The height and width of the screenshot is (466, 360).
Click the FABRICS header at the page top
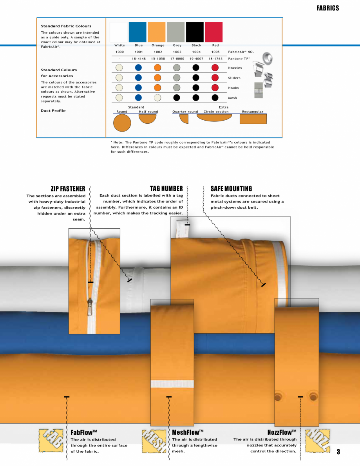(327, 8)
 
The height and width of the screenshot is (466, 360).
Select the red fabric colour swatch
(213, 32)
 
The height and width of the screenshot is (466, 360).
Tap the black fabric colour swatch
(195, 32)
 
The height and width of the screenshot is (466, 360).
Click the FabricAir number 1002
(158, 52)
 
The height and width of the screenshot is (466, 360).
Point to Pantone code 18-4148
(139, 59)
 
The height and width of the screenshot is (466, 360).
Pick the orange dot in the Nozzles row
(157, 67)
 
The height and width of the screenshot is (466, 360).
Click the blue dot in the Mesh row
(138, 98)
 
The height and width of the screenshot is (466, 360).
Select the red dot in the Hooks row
(215, 88)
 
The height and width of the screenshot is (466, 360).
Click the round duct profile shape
(122, 123)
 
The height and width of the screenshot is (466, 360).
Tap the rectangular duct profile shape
(253, 119)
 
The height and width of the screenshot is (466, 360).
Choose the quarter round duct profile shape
(184, 119)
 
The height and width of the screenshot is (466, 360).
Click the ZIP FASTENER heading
(68, 189)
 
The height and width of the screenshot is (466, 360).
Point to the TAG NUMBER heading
(166, 189)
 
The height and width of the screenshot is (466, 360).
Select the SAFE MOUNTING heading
(231, 189)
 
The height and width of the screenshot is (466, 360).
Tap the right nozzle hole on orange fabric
(313, 397)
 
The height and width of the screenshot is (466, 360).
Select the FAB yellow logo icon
(51, 439)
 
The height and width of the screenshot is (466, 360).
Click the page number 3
(338, 452)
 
